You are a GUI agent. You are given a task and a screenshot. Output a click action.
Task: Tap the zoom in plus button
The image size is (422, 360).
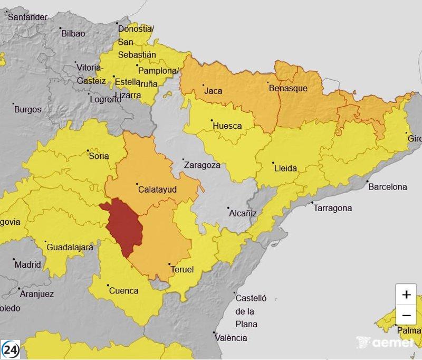pos(406,295)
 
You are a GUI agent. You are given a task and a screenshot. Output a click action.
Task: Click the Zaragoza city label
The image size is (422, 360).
pos(202,165)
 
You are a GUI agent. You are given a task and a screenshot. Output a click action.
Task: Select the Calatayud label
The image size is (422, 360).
pos(157,189)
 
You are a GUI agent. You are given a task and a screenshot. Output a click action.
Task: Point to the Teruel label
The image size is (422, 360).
pos(182,269)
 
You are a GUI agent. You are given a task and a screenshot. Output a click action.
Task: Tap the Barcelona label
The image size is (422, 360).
pos(388,186)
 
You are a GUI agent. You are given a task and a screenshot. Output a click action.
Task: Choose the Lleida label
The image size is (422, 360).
pos(285,168)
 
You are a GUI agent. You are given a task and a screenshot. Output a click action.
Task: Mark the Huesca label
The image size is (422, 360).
pos(227,126)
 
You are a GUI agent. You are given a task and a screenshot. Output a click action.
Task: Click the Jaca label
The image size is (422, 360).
pos(213,91)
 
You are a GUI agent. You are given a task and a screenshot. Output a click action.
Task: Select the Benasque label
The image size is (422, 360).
pos(288,88)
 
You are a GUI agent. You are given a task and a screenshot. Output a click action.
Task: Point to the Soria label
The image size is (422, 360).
pos(99,156)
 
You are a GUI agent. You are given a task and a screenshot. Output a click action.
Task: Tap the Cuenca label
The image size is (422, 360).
pos(123,290)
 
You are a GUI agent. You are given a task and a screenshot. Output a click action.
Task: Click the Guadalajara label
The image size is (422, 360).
pos(70,247)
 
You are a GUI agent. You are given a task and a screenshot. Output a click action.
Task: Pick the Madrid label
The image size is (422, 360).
pos(27,264)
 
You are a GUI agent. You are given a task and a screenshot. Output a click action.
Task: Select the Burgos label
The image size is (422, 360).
pos(27,109)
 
